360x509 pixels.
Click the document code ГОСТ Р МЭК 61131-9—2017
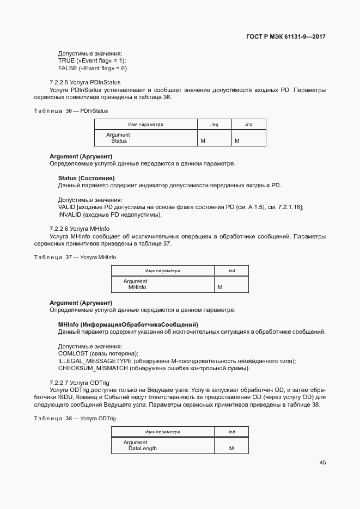285,37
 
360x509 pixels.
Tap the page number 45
322,463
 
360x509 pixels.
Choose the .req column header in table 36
214,125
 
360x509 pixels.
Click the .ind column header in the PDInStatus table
248,125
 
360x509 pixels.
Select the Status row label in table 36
119,141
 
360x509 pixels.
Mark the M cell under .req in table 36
203,141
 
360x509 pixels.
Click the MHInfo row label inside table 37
137,287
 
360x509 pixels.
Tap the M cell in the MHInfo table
220,287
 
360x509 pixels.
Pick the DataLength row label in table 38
142,449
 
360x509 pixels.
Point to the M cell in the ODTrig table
231,449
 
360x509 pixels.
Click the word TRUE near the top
66,60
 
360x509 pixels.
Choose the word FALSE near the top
68,68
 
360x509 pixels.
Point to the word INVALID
70,214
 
